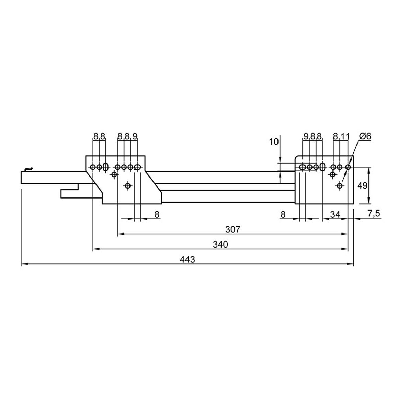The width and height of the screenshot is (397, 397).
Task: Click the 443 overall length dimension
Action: [188, 260]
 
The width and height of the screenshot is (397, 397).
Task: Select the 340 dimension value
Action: [220, 245]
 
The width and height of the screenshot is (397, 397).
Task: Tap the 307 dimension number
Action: [232, 230]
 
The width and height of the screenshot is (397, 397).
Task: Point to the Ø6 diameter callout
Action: [365, 136]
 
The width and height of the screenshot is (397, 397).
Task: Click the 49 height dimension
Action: [362, 185]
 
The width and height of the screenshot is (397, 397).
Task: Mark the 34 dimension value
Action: [335, 214]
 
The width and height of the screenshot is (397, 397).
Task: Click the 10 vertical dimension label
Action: [274, 142]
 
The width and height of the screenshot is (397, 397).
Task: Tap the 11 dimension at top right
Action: [344, 137]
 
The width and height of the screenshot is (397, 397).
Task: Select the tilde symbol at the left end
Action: [29, 168]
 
